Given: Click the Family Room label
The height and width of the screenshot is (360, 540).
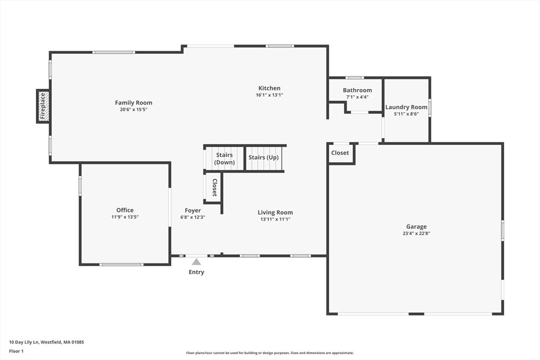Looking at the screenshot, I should point(133,103).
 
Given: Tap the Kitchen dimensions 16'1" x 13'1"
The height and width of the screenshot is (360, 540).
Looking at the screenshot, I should point(269,95).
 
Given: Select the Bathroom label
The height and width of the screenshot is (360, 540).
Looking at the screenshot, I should point(357,90).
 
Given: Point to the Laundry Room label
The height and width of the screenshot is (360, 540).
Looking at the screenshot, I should point(406,107).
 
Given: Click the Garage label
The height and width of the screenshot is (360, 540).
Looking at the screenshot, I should point(416,227).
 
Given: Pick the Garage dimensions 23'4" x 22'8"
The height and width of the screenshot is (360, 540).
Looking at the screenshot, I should point(416,233).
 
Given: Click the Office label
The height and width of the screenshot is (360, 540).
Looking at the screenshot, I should point(125,210).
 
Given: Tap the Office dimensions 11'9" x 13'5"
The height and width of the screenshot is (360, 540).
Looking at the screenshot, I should point(125,217).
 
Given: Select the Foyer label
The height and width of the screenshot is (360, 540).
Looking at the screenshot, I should point(192,210).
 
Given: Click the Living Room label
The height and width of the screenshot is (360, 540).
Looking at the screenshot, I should point(275,212).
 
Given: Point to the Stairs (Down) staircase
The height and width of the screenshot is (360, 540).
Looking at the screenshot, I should point(225,159).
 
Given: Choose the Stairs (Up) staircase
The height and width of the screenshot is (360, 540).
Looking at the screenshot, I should point(264,158).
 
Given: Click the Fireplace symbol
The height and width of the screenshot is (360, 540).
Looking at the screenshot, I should point(43,106).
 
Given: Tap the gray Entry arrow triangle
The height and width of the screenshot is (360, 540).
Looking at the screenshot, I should point(196,261).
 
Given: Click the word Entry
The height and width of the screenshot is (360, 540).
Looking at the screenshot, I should point(196,273).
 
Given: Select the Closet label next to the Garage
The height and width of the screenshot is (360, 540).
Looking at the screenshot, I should point(340,153).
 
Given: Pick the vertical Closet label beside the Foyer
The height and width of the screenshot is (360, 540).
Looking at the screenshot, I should point(215,187).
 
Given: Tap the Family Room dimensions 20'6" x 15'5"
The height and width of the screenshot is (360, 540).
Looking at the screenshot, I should point(133,110).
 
